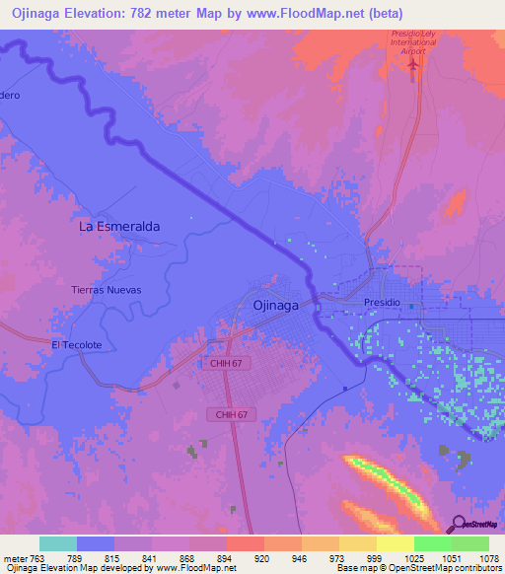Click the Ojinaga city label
click(276, 305)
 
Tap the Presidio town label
click(383, 302)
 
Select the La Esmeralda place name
click(119, 226)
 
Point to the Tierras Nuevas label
click(107, 290)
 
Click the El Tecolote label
click(77, 344)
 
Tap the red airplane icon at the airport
click(412, 64)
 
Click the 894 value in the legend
click(209, 559)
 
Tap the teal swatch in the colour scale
click(57, 544)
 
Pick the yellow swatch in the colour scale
click(395, 544)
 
